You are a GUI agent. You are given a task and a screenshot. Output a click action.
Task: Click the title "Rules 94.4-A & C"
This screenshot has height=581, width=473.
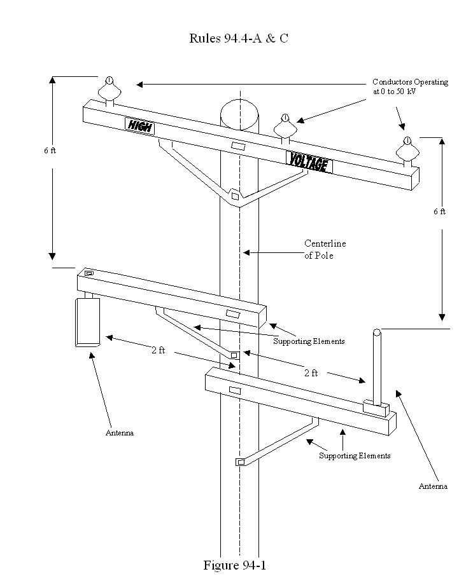[238, 38]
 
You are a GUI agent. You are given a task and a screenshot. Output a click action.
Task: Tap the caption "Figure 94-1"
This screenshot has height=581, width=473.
[234, 565]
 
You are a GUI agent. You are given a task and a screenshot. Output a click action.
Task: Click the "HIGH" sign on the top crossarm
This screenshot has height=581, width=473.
[140, 125]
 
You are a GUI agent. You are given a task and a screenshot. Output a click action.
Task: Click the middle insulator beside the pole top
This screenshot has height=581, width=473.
[285, 126]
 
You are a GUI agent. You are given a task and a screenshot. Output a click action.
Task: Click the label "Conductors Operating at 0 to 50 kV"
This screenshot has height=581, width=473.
[410, 87]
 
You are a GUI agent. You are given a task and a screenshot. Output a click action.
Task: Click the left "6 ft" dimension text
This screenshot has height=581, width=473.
[50, 151]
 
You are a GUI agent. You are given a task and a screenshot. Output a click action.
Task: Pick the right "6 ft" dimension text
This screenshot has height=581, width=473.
[439, 211]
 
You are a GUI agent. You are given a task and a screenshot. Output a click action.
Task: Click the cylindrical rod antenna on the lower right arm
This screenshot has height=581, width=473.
[377, 367]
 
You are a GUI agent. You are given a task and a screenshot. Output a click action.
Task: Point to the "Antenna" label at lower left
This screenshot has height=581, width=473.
[120, 433]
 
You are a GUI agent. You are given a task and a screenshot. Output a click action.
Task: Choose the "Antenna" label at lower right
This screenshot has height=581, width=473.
[433, 486]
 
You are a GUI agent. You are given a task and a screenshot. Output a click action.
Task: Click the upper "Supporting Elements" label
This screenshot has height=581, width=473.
[309, 341]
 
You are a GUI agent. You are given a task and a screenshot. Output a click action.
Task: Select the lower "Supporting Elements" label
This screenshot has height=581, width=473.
[355, 456]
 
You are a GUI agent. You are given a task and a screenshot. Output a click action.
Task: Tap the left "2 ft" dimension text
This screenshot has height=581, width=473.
[158, 350]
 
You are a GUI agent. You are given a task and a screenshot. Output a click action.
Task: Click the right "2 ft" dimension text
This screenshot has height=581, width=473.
[311, 373]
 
